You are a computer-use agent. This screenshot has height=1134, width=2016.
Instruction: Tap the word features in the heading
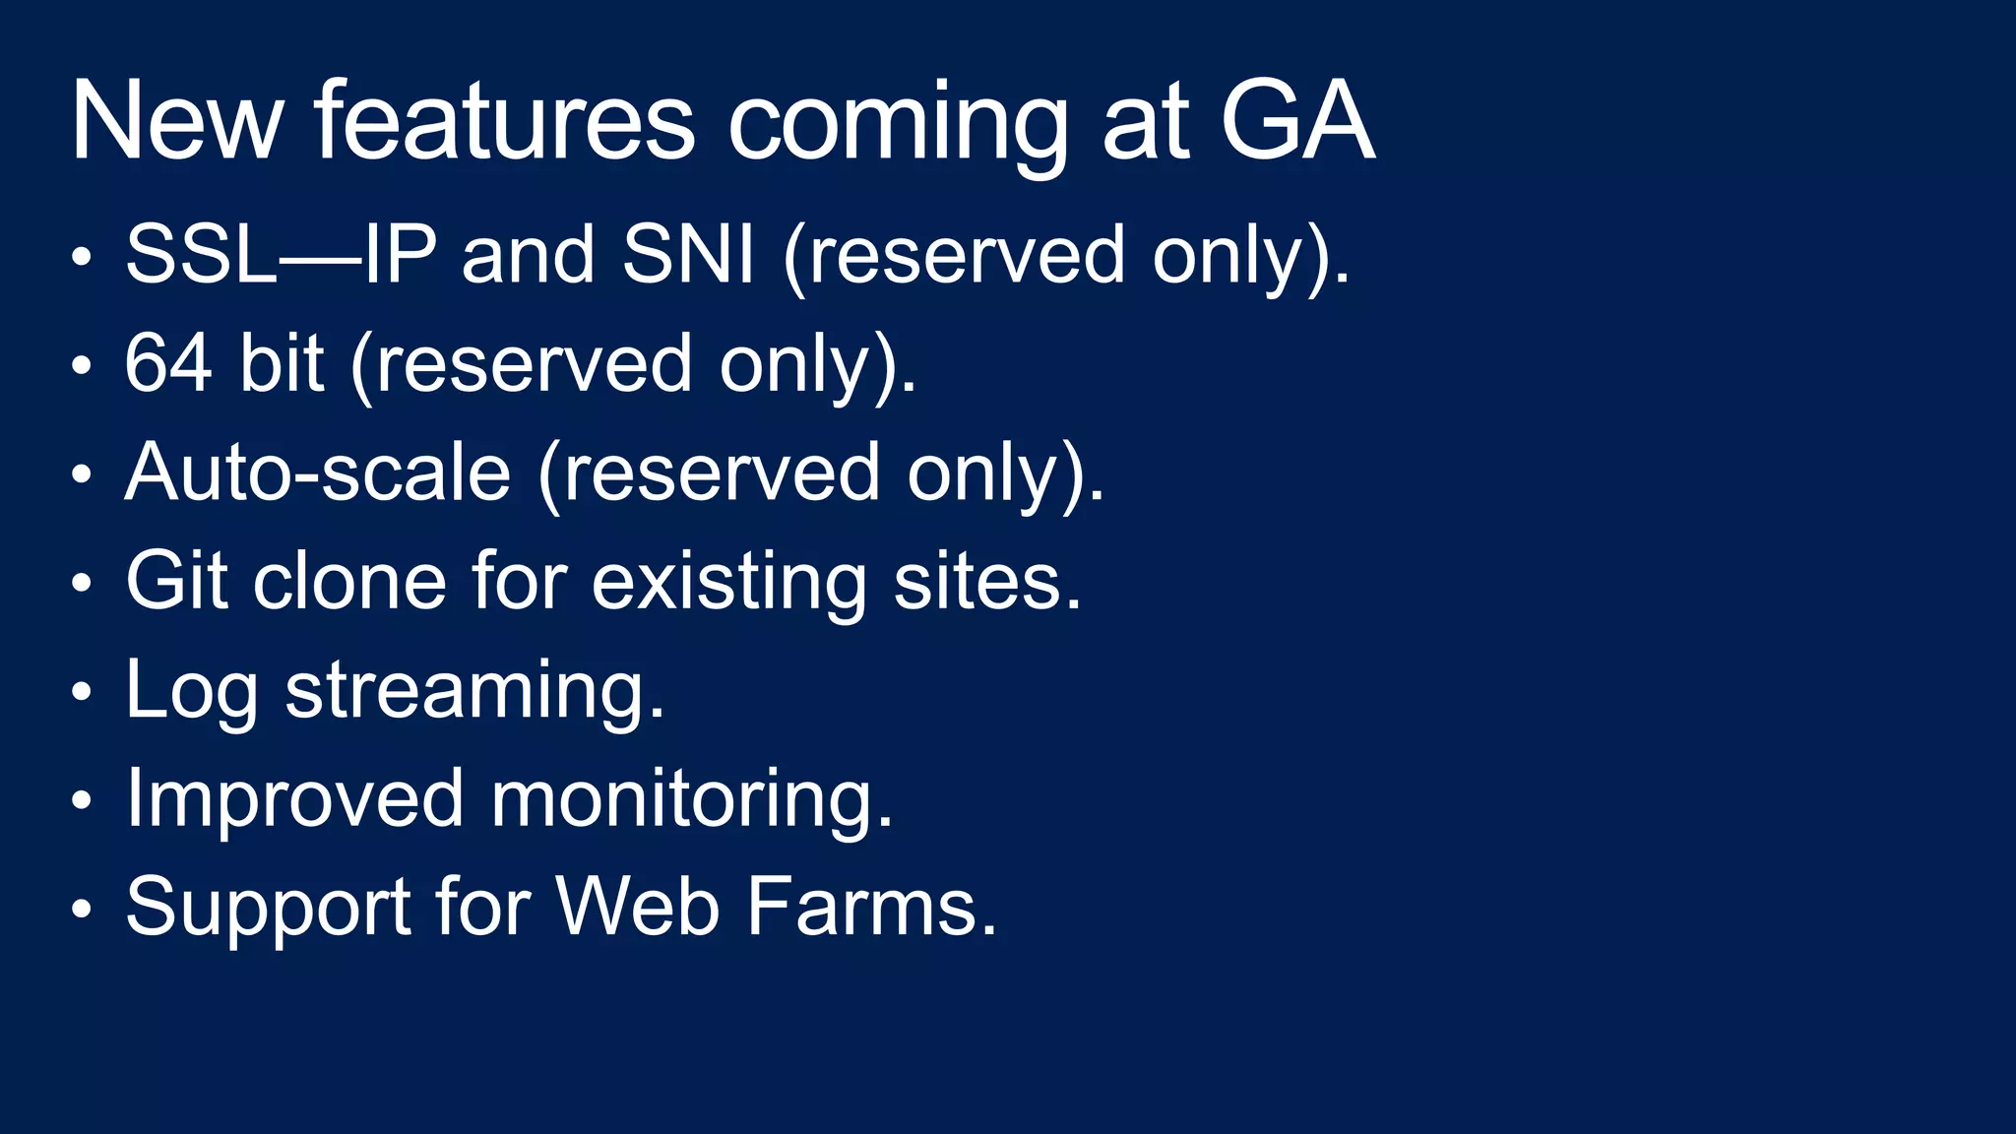504,122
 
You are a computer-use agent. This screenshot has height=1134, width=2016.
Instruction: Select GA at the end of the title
1296,122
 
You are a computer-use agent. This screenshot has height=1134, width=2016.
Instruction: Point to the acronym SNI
688,255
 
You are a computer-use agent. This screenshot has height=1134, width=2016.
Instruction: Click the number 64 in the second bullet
168,363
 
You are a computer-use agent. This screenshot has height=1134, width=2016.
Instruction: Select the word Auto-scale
318,472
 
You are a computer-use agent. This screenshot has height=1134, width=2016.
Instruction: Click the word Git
176,581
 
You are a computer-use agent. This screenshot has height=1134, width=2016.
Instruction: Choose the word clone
349,581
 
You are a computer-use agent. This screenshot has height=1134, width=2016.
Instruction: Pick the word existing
728,583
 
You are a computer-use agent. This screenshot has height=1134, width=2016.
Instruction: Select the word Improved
294,800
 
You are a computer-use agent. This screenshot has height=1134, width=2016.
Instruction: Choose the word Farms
871,907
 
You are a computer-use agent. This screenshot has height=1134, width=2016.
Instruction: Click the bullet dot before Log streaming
82,692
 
